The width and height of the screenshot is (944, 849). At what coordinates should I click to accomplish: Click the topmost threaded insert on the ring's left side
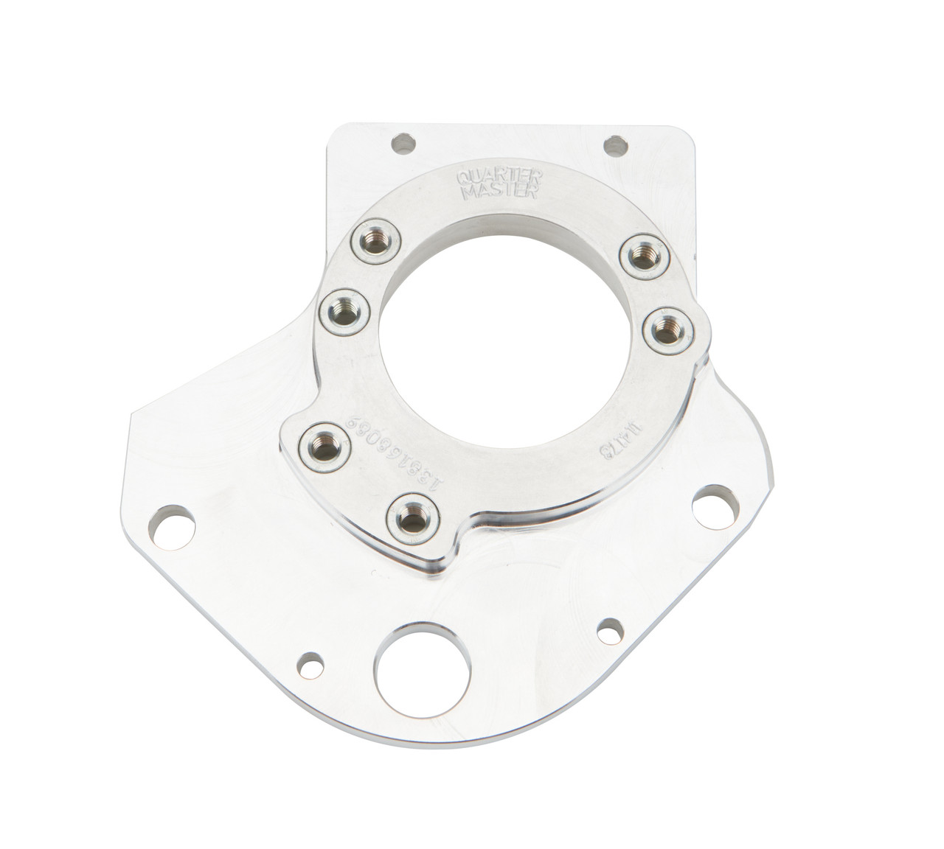click(371, 240)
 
